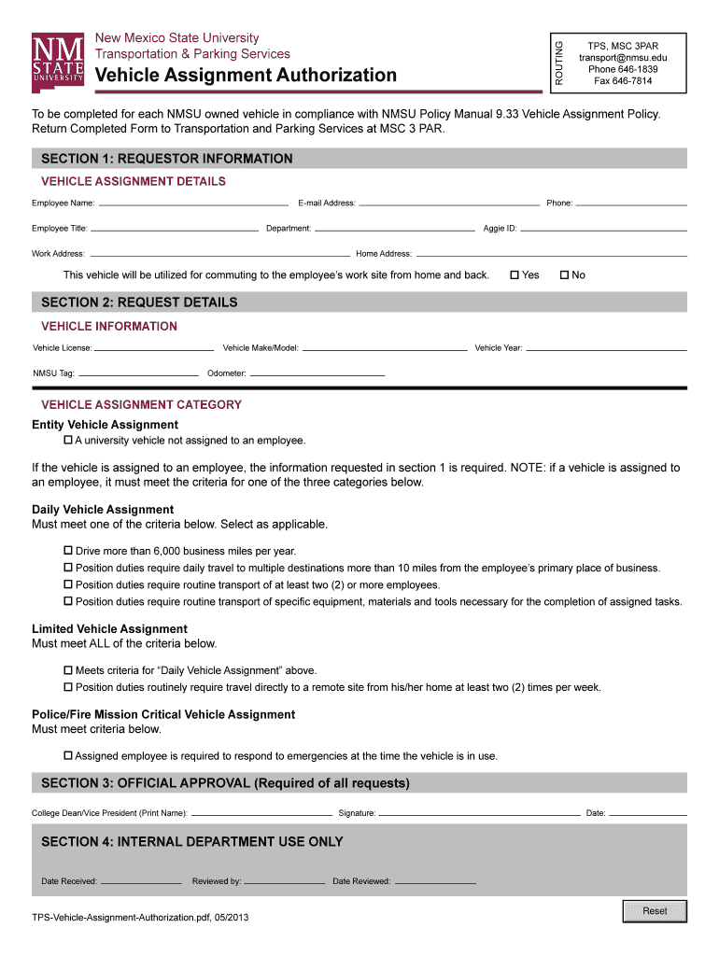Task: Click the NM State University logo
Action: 59,63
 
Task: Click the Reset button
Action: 655,911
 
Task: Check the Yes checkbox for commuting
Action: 515,275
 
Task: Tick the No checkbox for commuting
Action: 564,275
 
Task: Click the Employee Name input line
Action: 193,203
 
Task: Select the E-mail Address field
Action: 449,203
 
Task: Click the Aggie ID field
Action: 604,228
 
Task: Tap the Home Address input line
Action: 550,253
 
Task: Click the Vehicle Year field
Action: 605,348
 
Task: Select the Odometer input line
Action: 317,373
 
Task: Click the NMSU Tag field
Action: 138,373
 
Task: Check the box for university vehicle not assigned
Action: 67,440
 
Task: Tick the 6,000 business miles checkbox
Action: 67,551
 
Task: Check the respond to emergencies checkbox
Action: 67,755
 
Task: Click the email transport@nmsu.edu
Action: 623,58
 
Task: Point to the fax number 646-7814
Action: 623,81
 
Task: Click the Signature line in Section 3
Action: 479,813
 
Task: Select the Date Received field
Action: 141,881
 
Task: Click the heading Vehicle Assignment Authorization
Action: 246,75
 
